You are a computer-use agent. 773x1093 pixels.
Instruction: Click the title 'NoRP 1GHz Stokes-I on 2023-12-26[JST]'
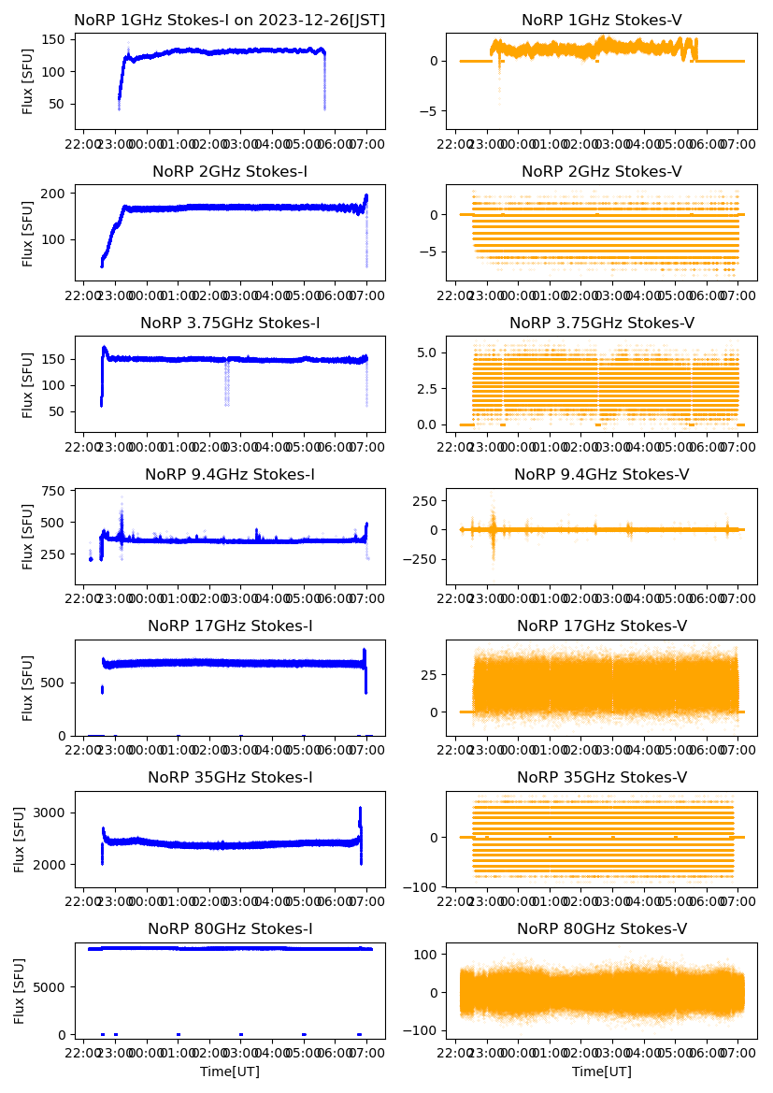(229, 20)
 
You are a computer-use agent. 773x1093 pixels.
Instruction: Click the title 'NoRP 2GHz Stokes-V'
(601, 171)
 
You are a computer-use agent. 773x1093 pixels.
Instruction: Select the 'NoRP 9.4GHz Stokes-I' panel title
(229, 475)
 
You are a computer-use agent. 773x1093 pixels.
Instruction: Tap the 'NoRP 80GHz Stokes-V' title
(601, 929)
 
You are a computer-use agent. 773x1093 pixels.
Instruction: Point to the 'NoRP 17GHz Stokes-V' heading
(601, 626)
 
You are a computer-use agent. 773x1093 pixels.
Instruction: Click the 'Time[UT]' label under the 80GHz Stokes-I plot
(229, 1071)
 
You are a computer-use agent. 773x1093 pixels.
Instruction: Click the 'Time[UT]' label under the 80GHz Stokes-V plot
(601, 1071)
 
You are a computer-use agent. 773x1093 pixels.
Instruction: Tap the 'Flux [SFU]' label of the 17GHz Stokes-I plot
(28, 687)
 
